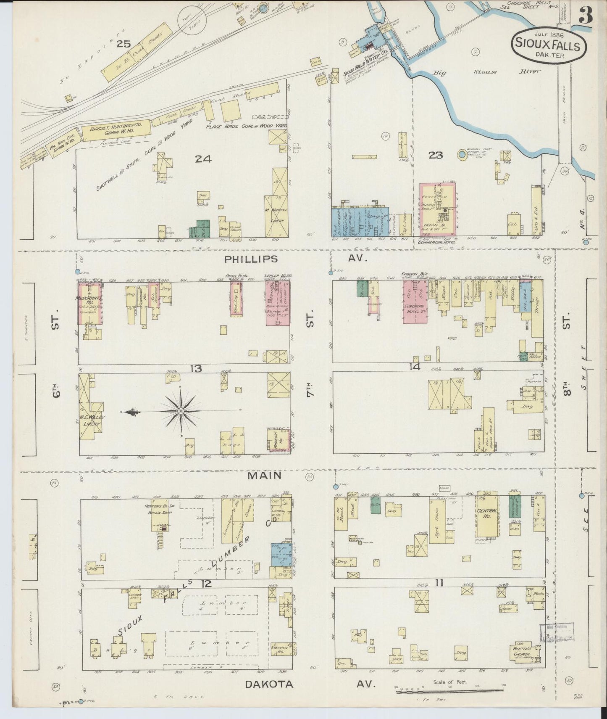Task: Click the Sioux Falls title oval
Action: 549,46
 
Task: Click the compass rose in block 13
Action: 181,410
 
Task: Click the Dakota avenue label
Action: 269,684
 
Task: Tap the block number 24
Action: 203,159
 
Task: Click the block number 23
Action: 435,156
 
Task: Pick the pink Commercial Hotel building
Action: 439,209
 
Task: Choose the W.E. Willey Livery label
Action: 91,420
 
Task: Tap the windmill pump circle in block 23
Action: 462,154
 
